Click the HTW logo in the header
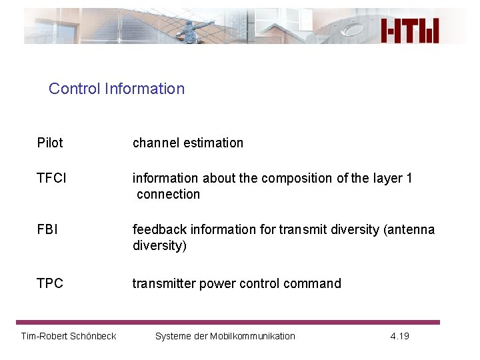tap(410, 30)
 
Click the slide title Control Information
tap(117, 89)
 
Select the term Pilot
tap(50, 143)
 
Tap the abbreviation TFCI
tap(52, 178)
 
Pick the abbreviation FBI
tap(47, 229)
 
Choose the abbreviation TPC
tap(50, 283)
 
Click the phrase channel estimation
tap(188, 143)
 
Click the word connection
tap(168, 194)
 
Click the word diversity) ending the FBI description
tap(159, 245)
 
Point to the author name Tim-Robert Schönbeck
tap(69, 336)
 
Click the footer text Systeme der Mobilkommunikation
tap(225, 336)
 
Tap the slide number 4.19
tap(399, 336)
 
